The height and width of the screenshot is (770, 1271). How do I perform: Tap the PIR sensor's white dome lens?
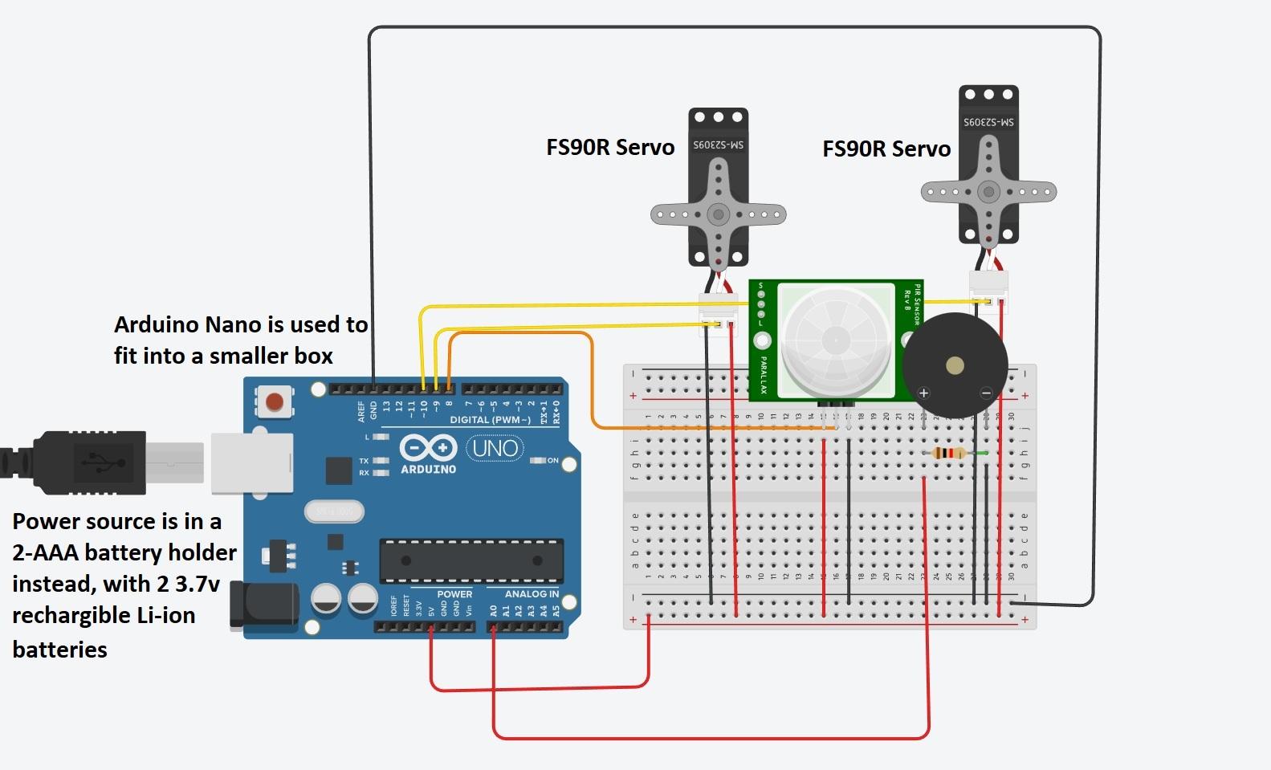click(x=836, y=340)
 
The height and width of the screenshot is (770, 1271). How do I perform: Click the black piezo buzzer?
click(x=955, y=366)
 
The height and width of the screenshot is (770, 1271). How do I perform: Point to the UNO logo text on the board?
click(x=495, y=448)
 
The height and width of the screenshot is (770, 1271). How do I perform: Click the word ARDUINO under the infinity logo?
click(x=428, y=470)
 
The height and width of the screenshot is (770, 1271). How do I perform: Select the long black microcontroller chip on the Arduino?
click(x=471, y=560)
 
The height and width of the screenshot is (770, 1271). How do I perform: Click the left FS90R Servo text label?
click(x=610, y=148)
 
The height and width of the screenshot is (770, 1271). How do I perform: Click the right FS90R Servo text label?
click(x=886, y=149)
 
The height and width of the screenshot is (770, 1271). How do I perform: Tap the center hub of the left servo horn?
click(x=718, y=214)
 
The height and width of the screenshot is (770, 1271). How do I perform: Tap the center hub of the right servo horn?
click(x=988, y=192)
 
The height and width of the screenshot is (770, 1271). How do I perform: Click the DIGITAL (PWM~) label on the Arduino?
click(x=490, y=420)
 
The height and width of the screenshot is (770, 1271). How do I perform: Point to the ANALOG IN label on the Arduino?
click(x=532, y=594)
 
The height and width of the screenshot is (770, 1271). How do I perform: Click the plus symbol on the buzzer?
click(x=923, y=393)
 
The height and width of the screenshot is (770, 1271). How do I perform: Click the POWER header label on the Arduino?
click(x=454, y=594)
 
